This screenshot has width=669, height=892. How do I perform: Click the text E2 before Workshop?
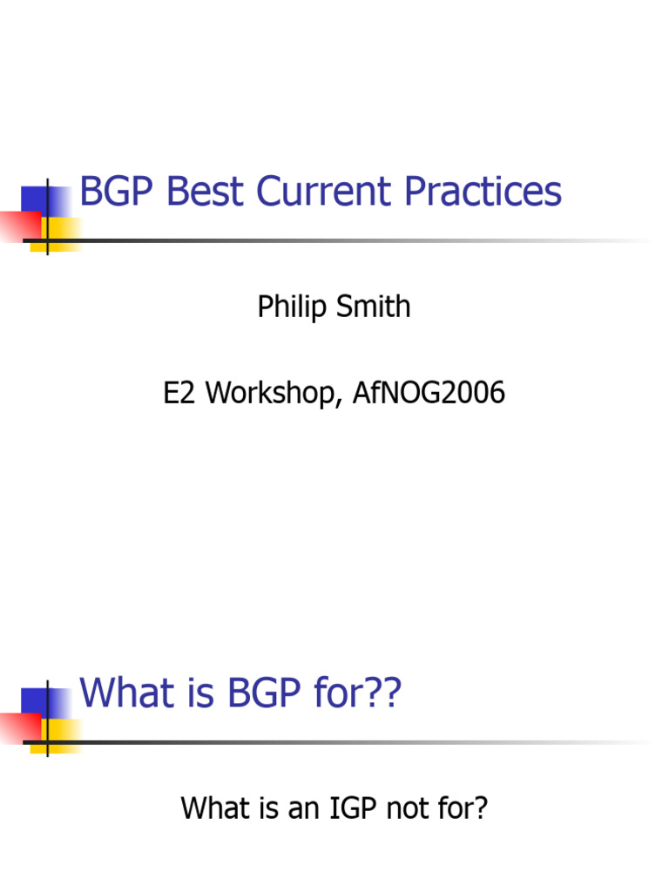point(178,393)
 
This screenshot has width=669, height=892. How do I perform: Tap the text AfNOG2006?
point(429,393)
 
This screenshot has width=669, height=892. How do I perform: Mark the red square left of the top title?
point(16,224)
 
